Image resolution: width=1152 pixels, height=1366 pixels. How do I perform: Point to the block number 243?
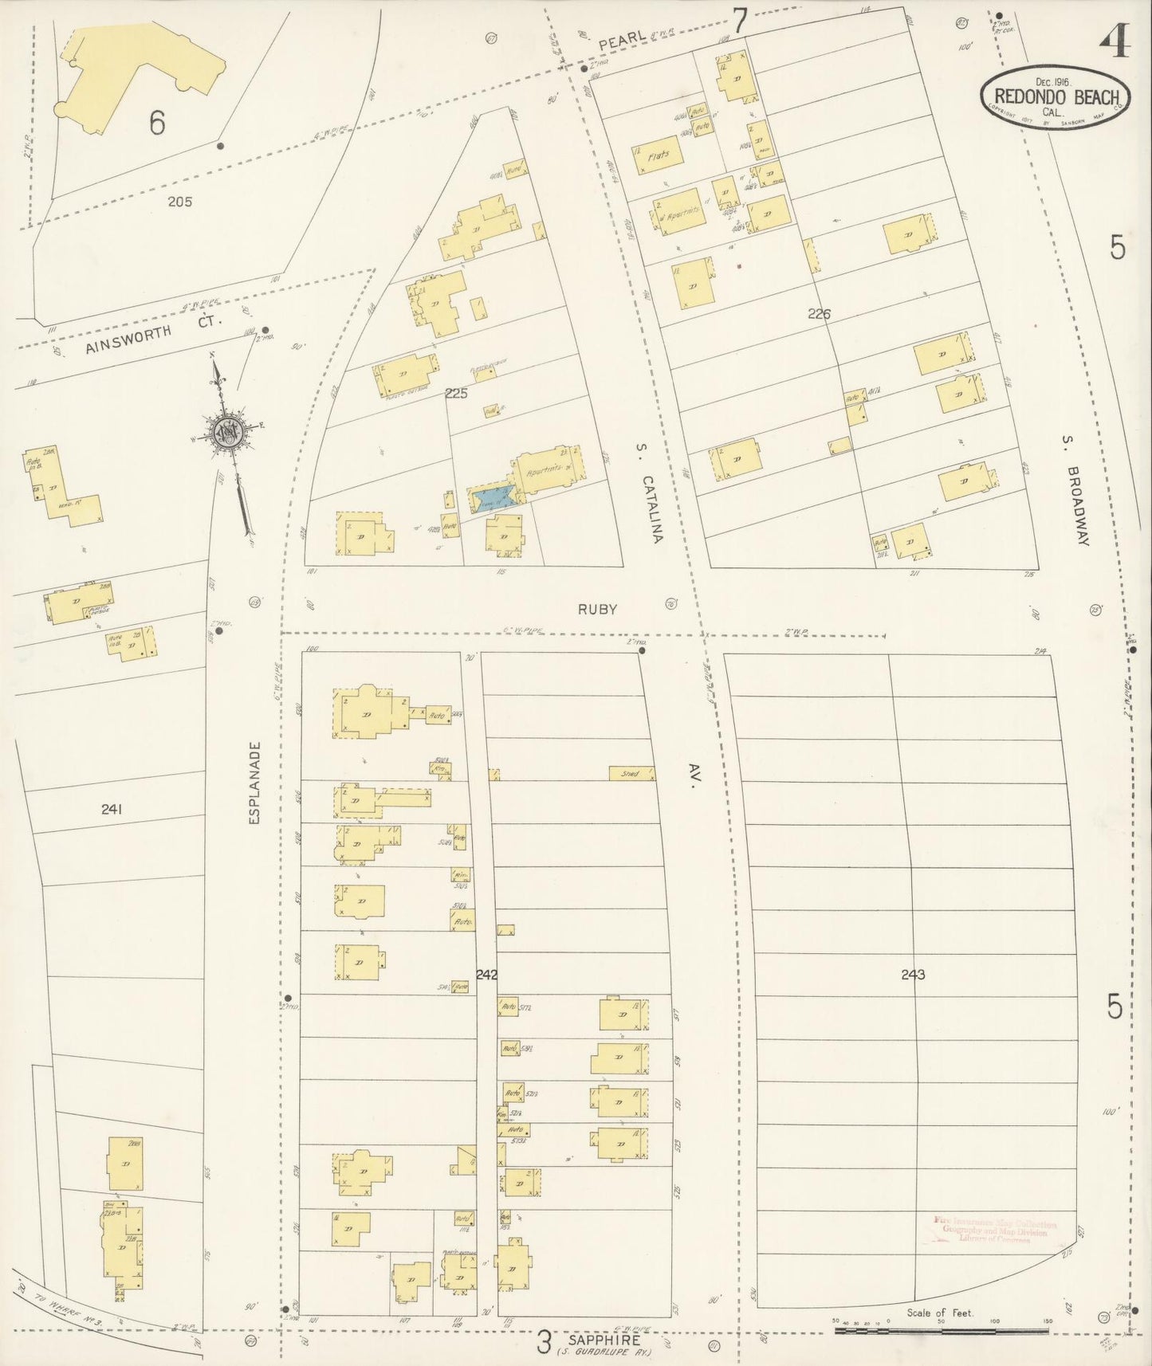click(913, 974)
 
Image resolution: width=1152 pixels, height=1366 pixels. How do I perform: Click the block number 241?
click(112, 809)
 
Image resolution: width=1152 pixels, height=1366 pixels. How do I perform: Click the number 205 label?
click(180, 202)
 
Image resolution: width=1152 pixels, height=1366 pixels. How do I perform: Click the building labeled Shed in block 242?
click(632, 773)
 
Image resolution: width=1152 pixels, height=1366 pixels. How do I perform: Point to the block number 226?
click(819, 314)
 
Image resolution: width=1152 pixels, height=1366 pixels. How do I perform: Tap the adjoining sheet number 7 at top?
click(741, 21)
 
